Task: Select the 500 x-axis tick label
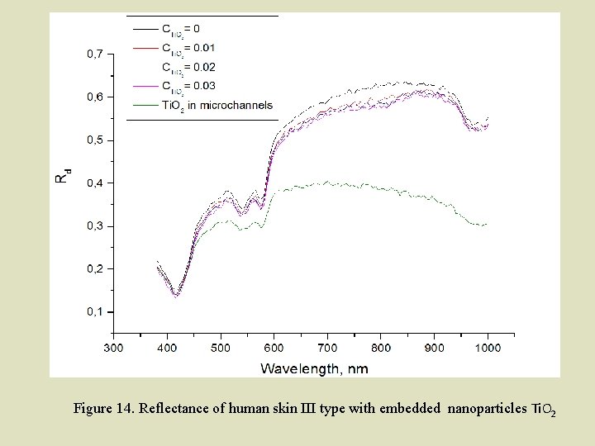point(221,348)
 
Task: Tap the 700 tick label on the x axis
point(327,348)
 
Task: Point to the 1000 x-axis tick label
point(488,348)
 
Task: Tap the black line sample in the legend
point(145,29)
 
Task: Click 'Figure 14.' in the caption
point(104,409)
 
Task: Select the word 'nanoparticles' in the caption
point(485,409)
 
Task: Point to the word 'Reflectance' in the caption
point(170,409)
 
